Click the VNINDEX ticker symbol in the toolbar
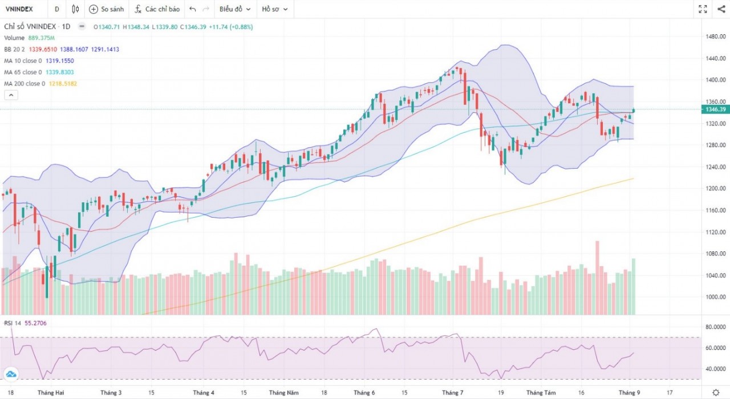tap(19, 9)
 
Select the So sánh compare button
tap(107, 9)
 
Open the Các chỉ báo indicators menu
tap(157, 9)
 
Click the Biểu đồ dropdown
tap(235, 9)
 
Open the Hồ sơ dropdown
tap(274, 9)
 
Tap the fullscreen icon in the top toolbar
tap(703, 9)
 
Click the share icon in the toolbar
tap(720, 9)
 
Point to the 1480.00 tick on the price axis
tap(715, 36)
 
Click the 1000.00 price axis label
tap(715, 297)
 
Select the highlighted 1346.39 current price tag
tap(715, 109)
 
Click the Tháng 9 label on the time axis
tap(630, 393)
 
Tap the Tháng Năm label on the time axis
tap(284, 393)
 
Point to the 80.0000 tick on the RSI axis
tap(715, 327)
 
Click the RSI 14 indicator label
tap(13, 323)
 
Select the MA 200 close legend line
tap(40, 84)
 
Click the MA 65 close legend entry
tap(39, 72)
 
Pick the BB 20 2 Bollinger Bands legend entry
tap(62, 50)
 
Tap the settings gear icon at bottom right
tap(716, 392)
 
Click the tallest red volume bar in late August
tap(598, 278)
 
